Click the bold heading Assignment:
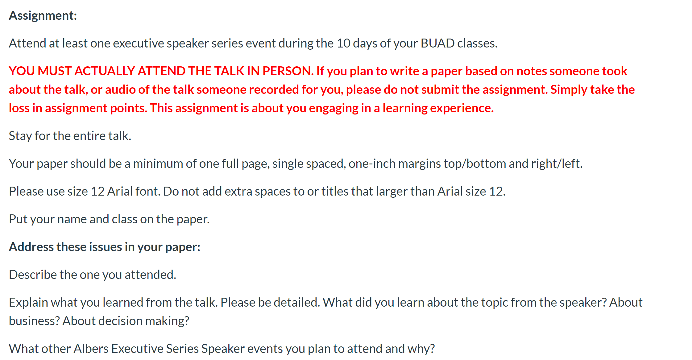coord(43,16)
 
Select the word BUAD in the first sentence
coord(437,43)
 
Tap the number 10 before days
coord(343,43)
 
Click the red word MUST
coord(55,71)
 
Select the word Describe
coord(33,275)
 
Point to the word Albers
coord(91,349)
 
